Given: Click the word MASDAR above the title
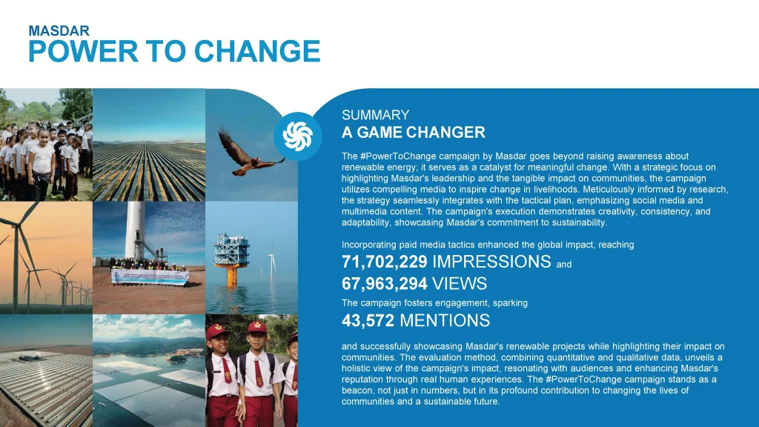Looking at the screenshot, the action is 59,31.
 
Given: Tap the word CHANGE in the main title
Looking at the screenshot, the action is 257,51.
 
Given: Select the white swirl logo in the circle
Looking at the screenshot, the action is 297,136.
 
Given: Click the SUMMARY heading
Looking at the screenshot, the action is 376,115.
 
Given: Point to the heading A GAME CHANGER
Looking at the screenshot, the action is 414,132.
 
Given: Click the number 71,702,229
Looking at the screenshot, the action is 385,262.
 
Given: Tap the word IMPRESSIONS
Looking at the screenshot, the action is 491,262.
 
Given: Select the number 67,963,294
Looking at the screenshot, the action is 385,284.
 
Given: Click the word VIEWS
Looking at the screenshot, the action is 460,284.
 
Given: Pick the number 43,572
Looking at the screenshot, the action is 368,320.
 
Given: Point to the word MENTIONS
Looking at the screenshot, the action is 445,320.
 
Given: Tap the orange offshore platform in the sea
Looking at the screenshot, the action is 231,259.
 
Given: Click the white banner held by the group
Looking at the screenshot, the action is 150,277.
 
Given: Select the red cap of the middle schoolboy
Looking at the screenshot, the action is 257,327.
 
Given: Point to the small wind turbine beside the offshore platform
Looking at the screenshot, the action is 272,263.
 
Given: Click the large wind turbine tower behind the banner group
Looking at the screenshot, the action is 135,231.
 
